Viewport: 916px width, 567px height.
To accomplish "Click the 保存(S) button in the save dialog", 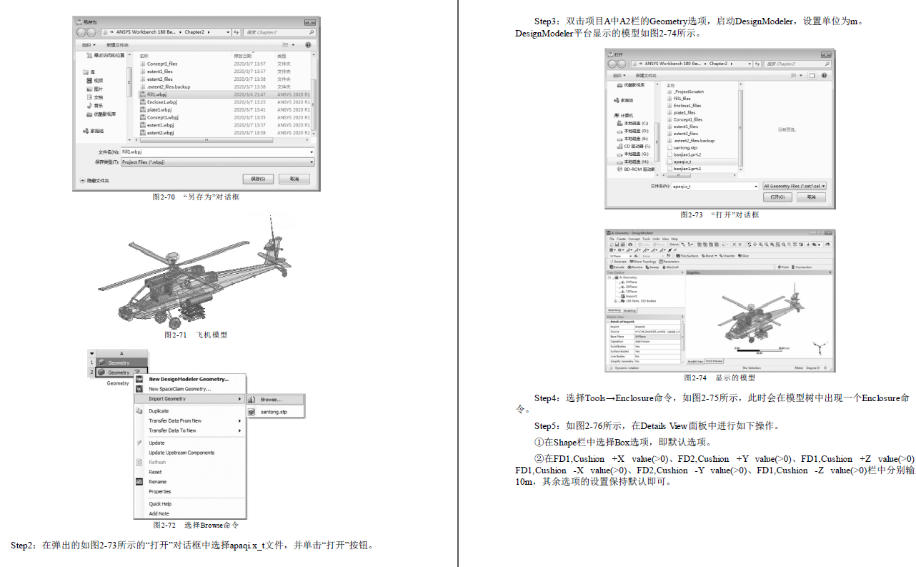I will (258, 179).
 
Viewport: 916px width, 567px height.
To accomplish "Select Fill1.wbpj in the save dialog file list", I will (157, 94).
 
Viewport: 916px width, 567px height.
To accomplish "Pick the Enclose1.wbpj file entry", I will (161, 102).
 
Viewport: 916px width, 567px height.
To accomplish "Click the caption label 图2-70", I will (164, 197).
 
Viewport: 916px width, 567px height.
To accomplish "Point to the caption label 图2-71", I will (175, 335).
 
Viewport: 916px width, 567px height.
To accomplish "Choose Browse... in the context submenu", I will (271, 400).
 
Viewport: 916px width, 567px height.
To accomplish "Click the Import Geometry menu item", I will (167, 399).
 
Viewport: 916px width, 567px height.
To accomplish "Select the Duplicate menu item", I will (159, 411).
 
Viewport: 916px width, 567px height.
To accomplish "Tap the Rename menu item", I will (157, 482).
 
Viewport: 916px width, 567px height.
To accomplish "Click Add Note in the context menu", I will (159, 513).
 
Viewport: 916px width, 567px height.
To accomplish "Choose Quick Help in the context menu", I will (160, 504).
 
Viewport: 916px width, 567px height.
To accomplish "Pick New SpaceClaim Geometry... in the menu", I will (179, 389).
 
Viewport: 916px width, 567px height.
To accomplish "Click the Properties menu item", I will (160, 492).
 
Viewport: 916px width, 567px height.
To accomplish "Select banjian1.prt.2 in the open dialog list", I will (687, 154).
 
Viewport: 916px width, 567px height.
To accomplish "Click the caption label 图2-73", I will (691, 215).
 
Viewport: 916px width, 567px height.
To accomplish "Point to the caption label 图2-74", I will (695, 378).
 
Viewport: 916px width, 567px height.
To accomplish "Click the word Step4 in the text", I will (547, 398).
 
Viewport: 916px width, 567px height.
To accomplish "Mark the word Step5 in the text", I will (547, 426).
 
